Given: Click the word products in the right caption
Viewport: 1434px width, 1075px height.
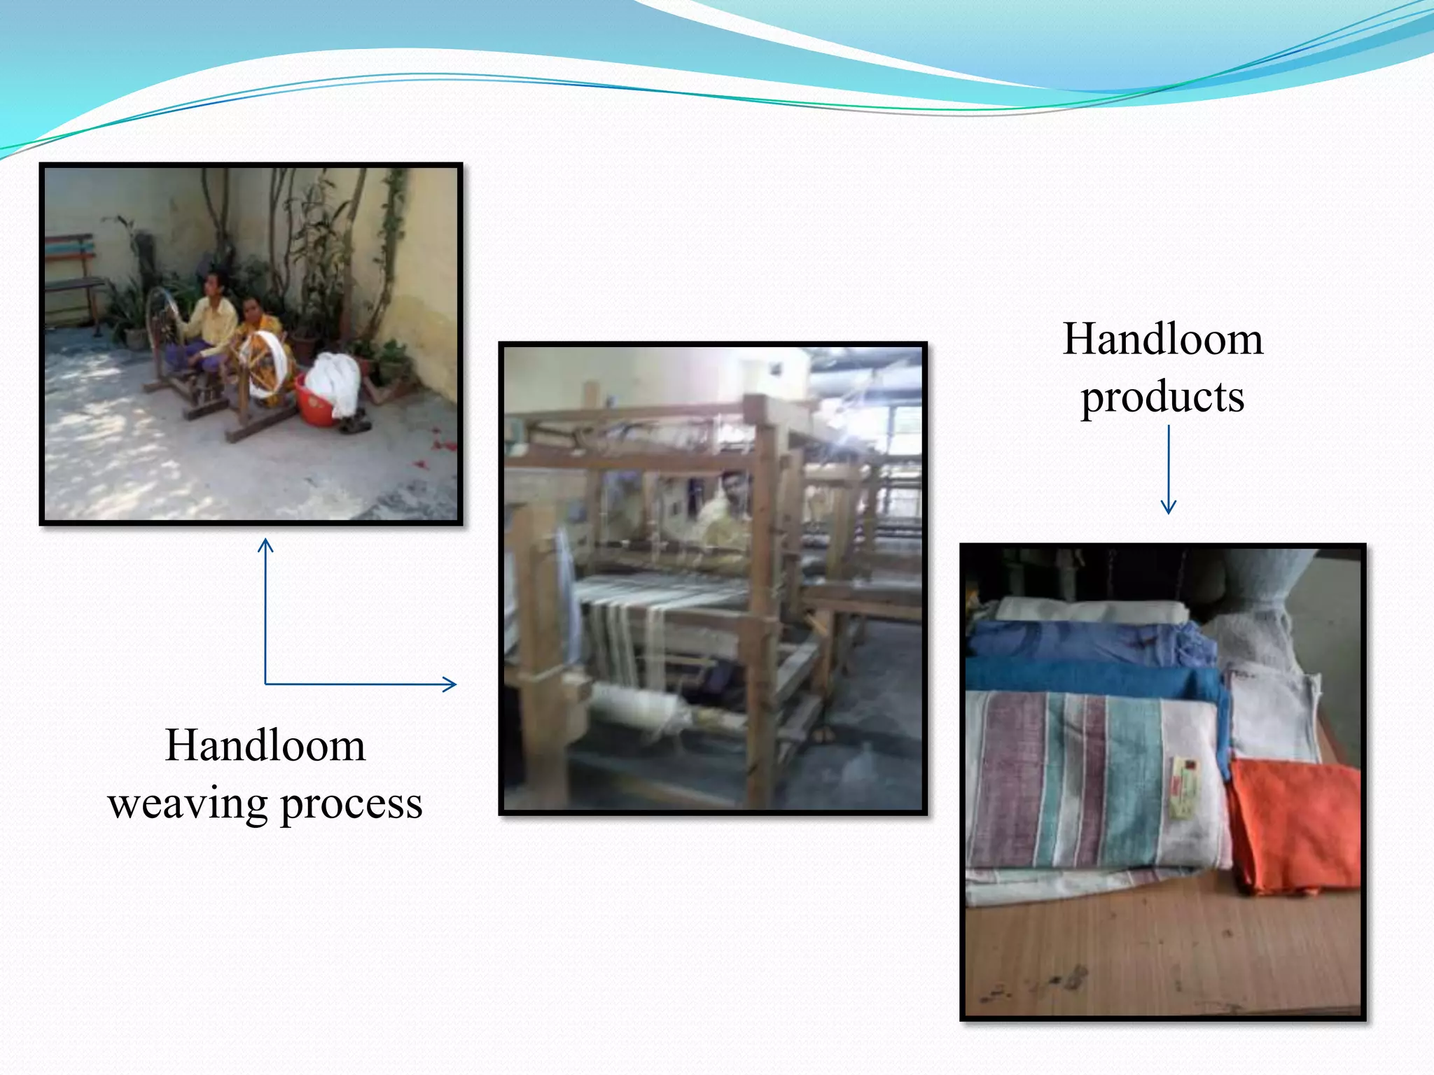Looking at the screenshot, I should point(1162,398).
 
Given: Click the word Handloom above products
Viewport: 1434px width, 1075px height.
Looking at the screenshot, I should point(1162,339).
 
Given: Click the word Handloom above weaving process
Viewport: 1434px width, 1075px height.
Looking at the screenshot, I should point(265,745).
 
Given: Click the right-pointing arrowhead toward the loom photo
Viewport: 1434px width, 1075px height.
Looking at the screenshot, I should point(449,684).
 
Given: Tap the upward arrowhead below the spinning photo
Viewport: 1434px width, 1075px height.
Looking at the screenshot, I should point(265,546).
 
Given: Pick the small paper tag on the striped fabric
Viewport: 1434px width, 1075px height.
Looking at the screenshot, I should point(1183,787).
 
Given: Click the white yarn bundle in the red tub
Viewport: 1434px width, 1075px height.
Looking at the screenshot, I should point(335,381).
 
